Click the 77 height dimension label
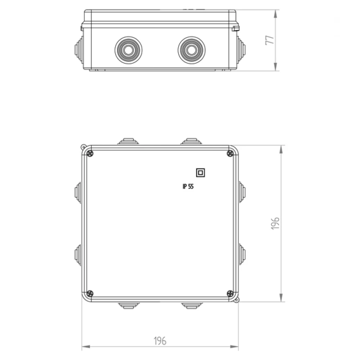point(270,40)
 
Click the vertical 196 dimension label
point(275,223)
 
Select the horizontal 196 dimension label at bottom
point(160,341)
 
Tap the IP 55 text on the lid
point(188,186)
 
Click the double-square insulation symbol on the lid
point(201,173)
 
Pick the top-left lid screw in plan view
point(90,153)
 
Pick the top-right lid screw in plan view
point(230,153)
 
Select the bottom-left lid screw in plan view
point(90,293)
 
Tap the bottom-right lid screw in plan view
point(230,293)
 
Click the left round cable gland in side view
point(129,50)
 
